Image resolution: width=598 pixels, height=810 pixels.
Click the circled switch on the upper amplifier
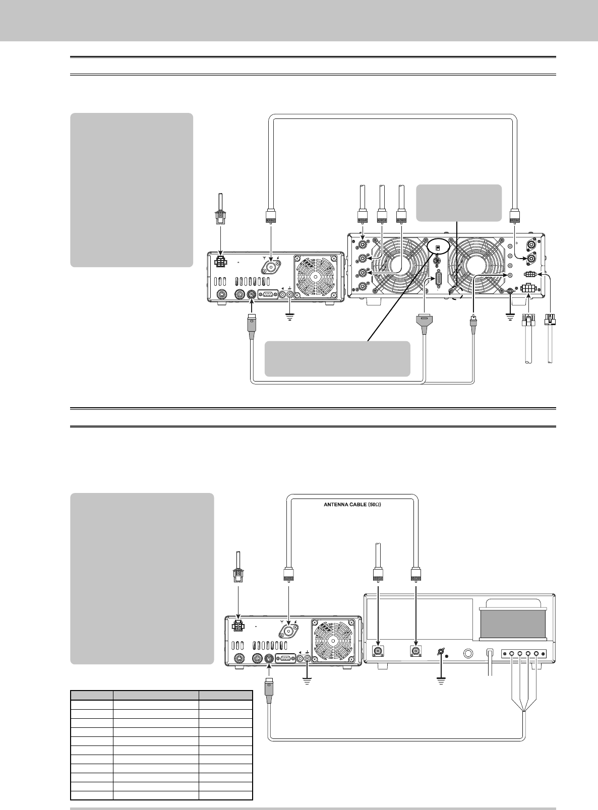[x=437, y=248]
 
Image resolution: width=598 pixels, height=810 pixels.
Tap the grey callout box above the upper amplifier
[x=459, y=203]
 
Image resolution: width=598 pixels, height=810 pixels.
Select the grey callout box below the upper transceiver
[x=337, y=358]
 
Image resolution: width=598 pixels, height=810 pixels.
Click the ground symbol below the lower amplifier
[x=441, y=680]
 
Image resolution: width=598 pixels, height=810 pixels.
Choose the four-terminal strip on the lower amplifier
[x=523, y=654]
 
